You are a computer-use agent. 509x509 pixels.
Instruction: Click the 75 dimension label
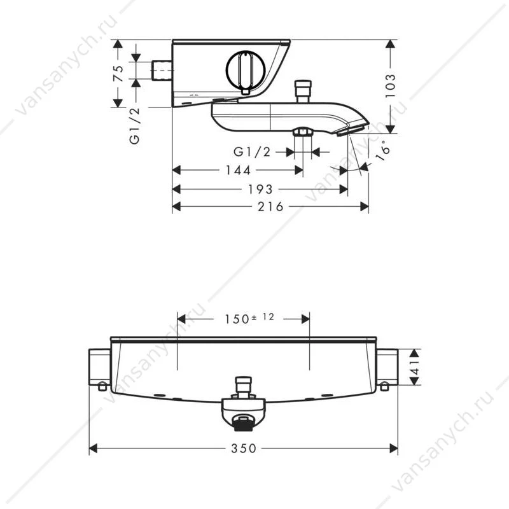[x=119, y=74]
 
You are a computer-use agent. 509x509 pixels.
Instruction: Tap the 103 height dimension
[x=391, y=86]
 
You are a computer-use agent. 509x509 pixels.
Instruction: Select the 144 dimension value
[x=238, y=170]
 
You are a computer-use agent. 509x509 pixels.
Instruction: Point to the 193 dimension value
[x=261, y=189]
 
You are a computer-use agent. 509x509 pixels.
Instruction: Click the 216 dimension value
[x=271, y=206]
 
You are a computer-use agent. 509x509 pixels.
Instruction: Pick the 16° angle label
[x=382, y=151]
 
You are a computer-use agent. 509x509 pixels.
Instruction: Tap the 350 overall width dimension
[x=244, y=449]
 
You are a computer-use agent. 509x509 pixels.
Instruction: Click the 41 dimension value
[x=415, y=367]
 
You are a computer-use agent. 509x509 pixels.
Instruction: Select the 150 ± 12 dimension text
[x=249, y=319]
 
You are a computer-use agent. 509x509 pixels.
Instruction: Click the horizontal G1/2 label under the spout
[x=252, y=151]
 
